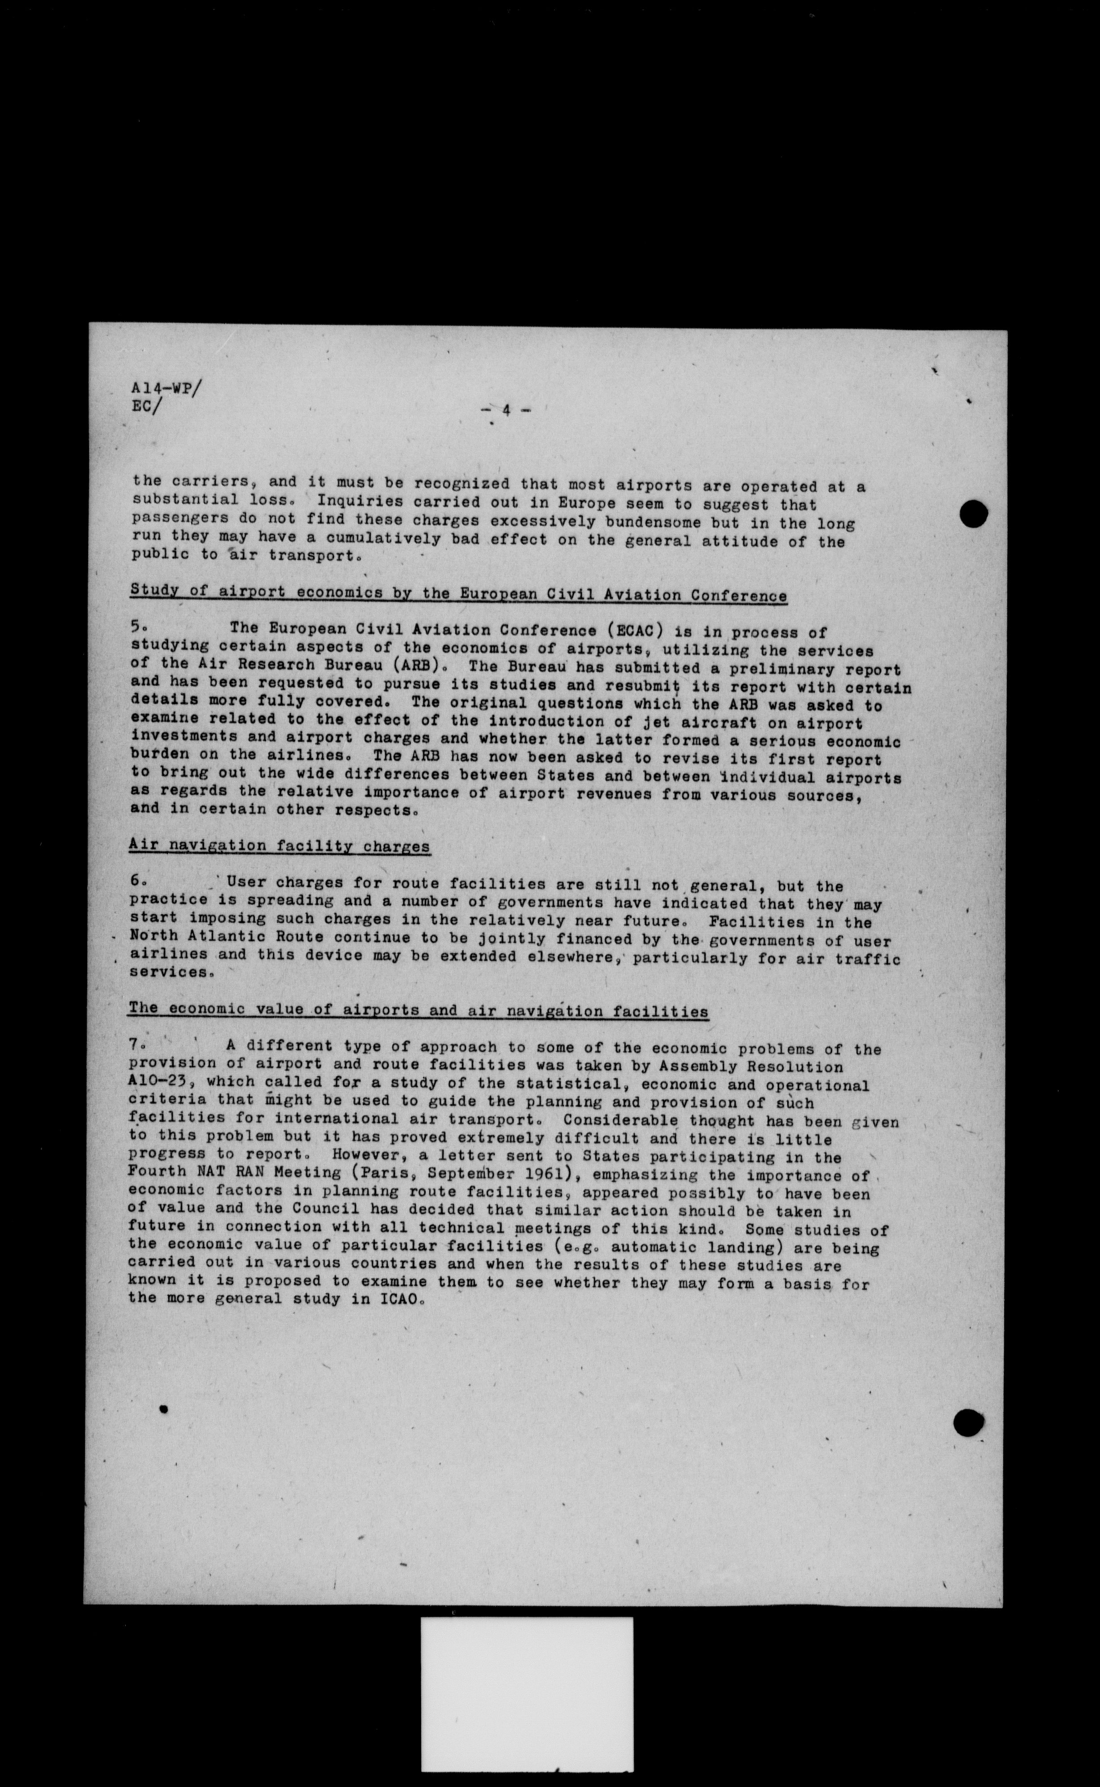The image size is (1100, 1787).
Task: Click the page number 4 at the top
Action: (x=506, y=410)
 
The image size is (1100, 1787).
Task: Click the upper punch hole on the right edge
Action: (x=973, y=515)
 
